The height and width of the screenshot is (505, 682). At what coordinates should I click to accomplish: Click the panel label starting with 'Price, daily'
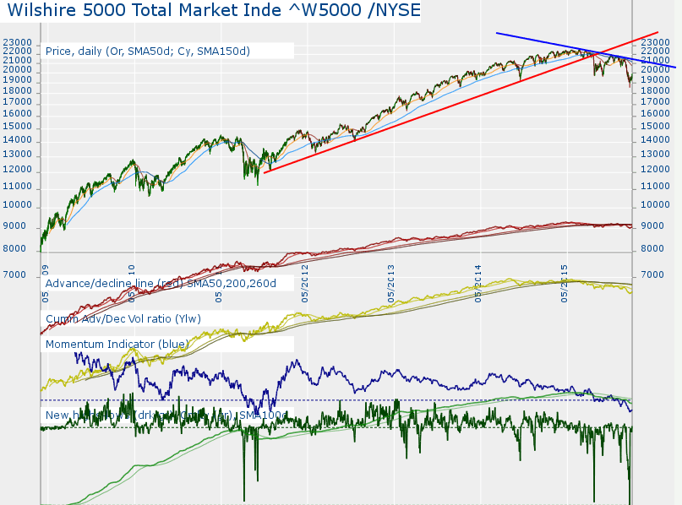click(148, 51)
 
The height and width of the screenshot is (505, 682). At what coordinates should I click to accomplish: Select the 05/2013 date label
click(391, 285)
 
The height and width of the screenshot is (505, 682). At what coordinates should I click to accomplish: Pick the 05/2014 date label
click(479, 285)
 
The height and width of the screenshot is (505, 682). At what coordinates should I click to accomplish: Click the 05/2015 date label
click(565, 285)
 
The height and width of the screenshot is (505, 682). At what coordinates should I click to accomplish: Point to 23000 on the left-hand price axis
click(17, 42)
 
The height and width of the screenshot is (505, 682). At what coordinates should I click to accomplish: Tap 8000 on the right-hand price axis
click(651, 249)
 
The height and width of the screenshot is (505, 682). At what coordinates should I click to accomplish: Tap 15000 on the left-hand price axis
click(17, 126)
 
